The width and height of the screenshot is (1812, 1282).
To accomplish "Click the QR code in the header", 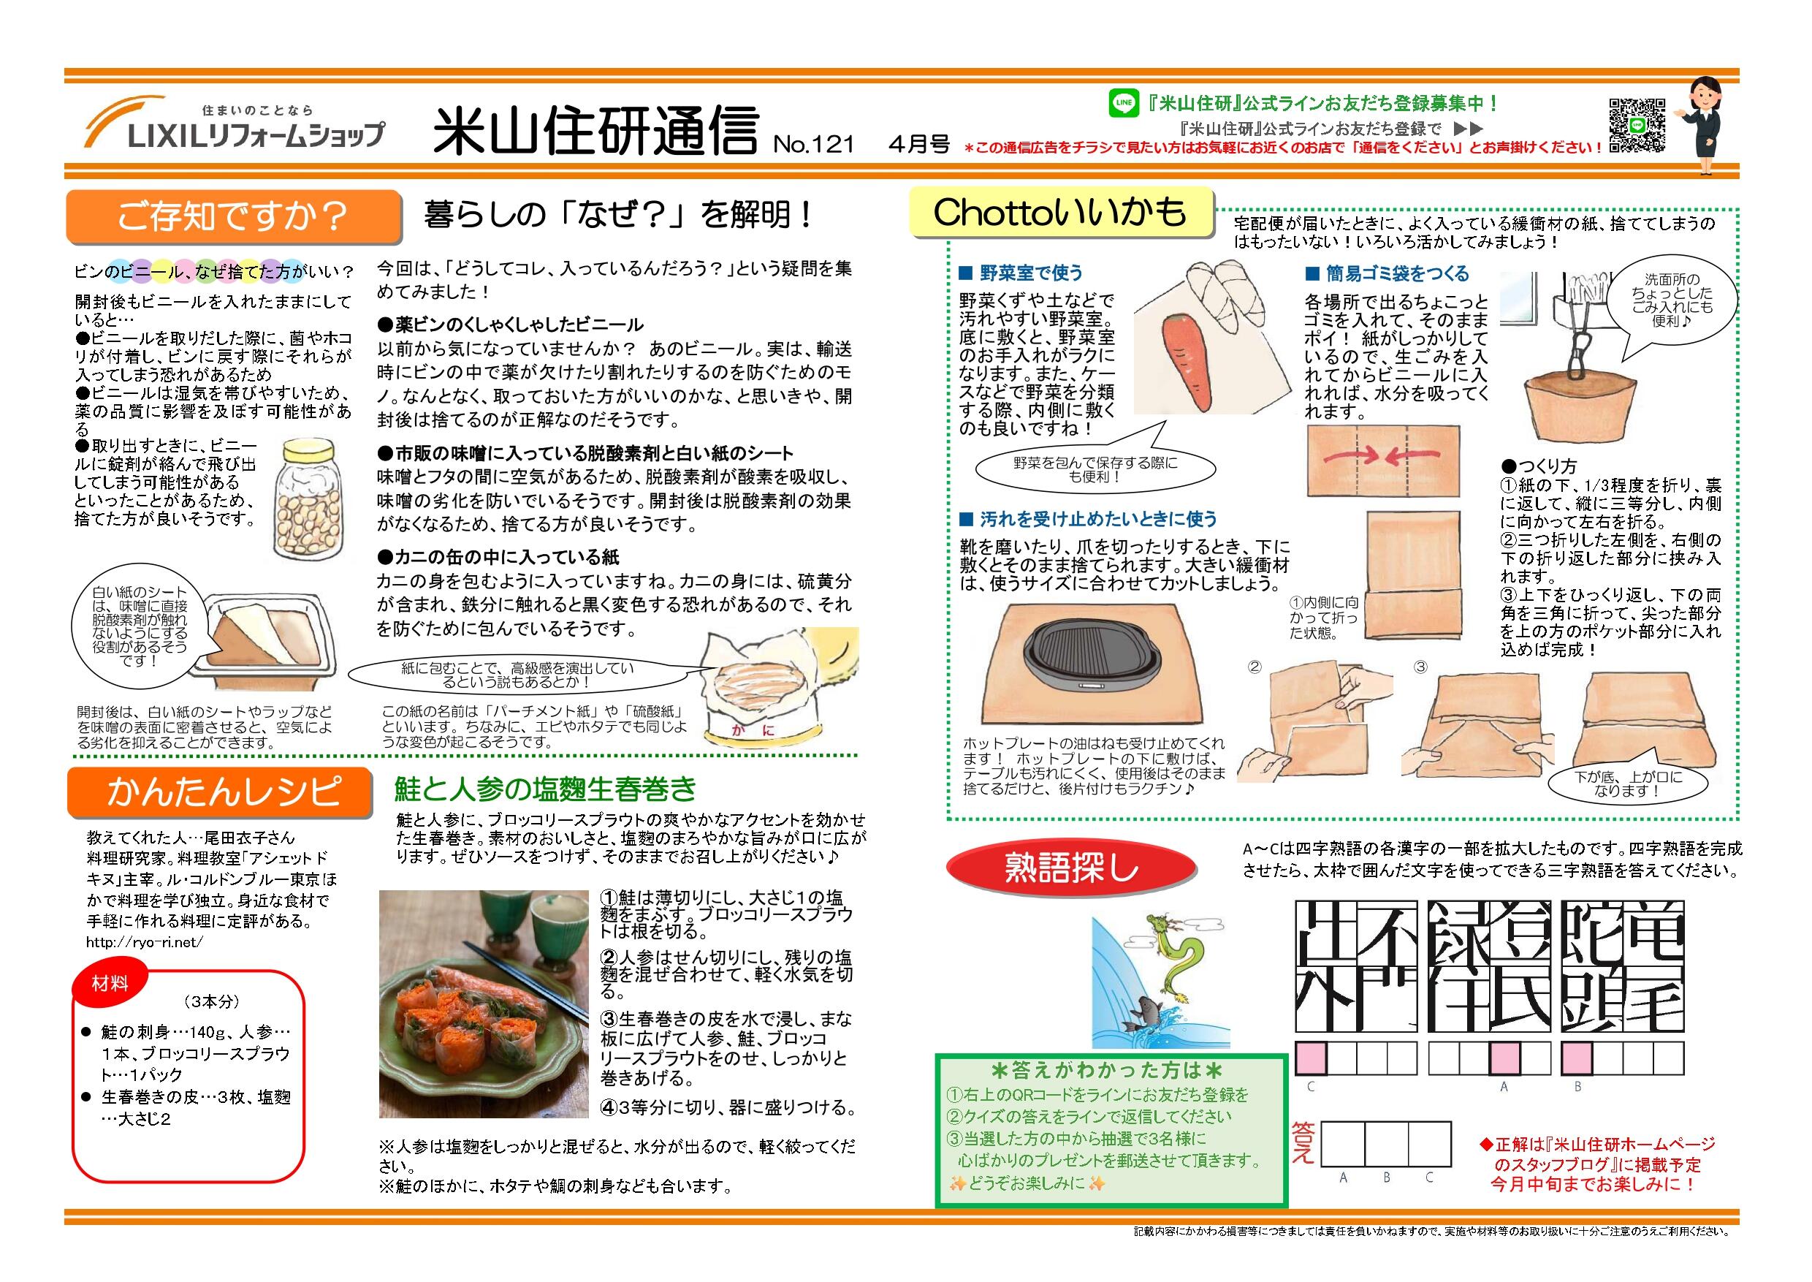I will pyautogui.click(x=1636, y=126).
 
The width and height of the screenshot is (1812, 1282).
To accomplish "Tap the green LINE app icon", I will pyautogui.click(x=1123, y=103).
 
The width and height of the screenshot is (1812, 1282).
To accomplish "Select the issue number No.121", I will pyautogui.click(x=814, y=145).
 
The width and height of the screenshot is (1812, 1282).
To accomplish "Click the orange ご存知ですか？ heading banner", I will pyautogui.click(x=233, y=216).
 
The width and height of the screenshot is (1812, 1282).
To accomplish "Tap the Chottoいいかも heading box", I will pyautogui.click(x=1059, y=213).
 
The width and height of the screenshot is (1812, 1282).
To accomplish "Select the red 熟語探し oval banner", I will pyautogui.click(x=1071, y=868).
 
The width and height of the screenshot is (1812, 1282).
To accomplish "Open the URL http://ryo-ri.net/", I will pyautogui.click(x=145, y=941).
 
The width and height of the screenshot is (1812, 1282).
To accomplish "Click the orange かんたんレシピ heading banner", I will pyautogui.click(x=218, y=792).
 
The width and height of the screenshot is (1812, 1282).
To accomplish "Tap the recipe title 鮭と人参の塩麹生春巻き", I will pyautogui.click(x=545, y=789).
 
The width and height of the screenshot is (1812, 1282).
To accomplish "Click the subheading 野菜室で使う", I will pyautogui.click(x=1031, y=273).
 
